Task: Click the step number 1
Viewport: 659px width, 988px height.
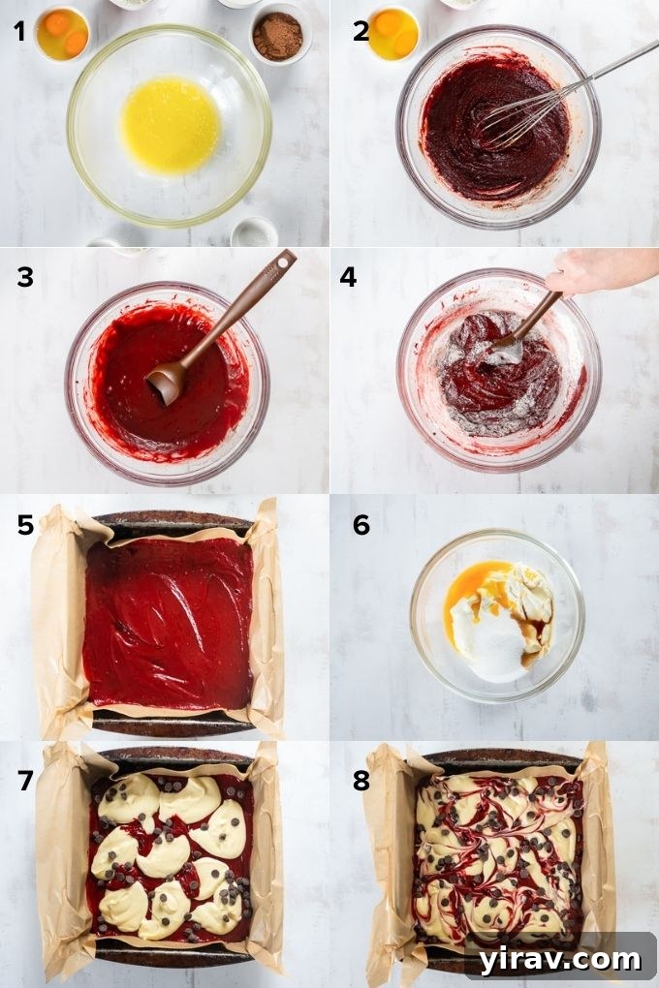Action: pos(19,31)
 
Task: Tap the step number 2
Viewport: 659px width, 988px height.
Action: pos(361,31)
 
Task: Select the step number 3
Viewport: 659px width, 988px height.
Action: pos(24,277)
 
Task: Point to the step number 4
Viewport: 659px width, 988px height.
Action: pos(347,277)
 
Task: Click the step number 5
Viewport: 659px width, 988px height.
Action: pos(25,525)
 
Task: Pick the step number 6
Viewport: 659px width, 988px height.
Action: pos(361,525)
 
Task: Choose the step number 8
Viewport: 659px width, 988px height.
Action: pos(361,781)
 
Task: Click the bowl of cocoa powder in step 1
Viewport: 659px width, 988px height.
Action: pos(277,35)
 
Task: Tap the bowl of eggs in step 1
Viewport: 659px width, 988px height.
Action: pos(62,33)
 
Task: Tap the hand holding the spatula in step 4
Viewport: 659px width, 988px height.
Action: pos(596,271)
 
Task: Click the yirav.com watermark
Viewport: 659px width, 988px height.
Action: pos(560,958)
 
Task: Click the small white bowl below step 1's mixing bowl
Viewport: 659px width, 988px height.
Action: pos(254,232)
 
